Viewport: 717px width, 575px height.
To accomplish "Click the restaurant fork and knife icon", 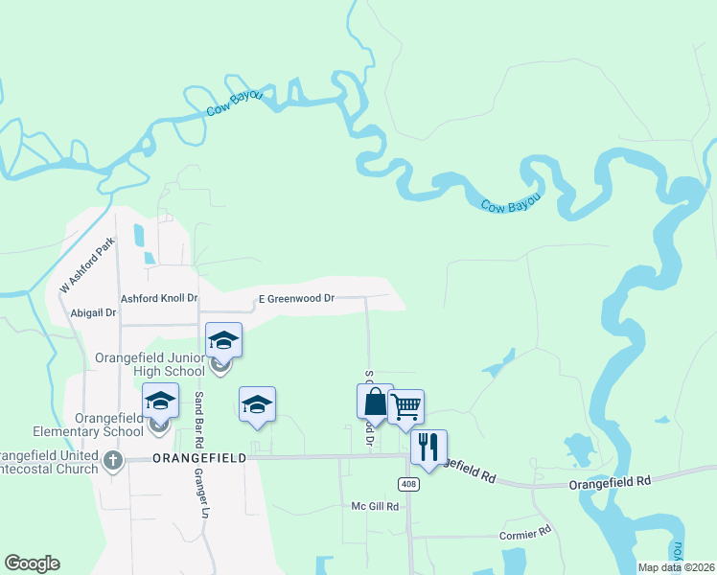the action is click(x=428, y=446).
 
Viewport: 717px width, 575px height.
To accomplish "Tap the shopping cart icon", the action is click(x=406, y=406).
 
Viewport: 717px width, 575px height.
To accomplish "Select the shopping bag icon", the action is click(x=375, y=401).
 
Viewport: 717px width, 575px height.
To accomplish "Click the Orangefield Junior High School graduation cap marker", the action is click(x=223, y=340).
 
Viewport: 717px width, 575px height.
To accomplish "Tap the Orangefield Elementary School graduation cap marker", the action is click(x=160, y=401).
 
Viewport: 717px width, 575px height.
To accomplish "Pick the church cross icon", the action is click(x=113, y=460).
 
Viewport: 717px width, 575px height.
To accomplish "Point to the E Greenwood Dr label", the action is click(x=296, y=299).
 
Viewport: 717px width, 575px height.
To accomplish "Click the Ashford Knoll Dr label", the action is click(x=158, y=299).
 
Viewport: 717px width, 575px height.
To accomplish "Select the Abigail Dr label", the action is click(x=94, y=313).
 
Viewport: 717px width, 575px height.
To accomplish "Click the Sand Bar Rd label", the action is click(x=199, y=421).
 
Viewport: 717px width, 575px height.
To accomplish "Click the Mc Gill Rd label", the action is click(x=374, y=506).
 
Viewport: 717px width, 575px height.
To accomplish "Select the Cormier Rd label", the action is click(x=526, y=531).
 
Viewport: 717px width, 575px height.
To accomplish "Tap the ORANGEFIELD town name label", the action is click(x=198, y=459).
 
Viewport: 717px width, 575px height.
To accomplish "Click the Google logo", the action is click(x=32, y=563).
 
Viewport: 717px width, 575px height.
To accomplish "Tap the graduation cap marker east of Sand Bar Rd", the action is click(x=257, y=403).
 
